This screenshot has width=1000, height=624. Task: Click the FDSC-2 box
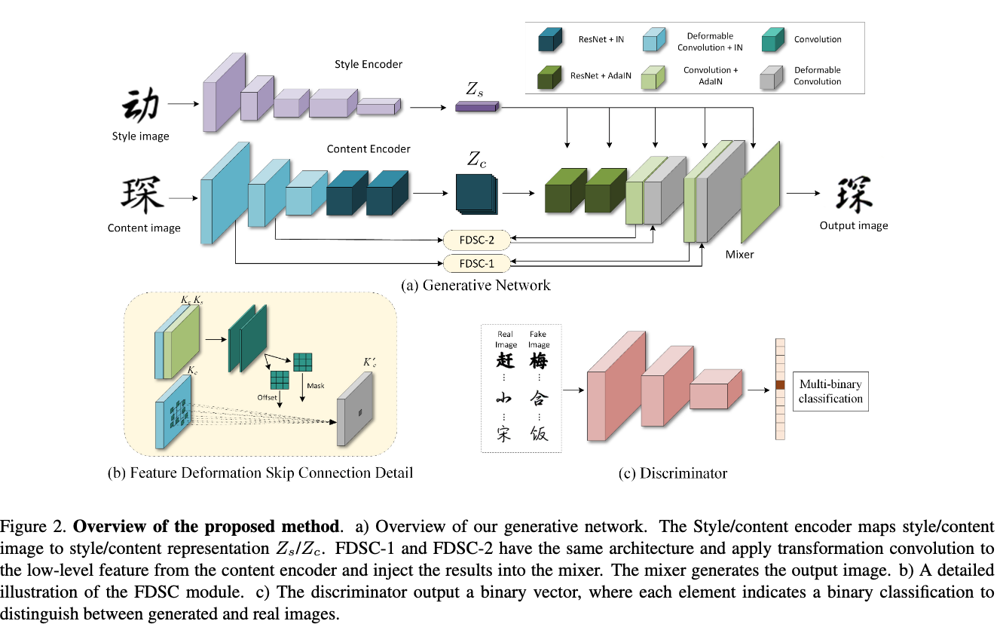(477, 240)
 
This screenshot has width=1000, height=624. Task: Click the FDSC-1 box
(477, 263)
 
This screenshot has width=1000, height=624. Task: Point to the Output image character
(854, 195)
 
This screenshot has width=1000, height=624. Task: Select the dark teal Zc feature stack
(476, 194)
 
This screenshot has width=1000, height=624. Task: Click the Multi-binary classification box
(830, 391)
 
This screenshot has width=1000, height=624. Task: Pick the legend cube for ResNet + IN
(549, 41)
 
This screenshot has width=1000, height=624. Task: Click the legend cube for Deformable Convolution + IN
(655, 41)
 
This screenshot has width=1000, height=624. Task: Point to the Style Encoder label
(369, 65)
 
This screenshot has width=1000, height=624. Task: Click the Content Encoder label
(369, 149)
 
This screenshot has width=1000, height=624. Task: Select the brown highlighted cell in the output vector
(780, 387)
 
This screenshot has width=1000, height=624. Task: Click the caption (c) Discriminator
(672, 473)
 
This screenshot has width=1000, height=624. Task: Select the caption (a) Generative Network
(476, 285)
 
